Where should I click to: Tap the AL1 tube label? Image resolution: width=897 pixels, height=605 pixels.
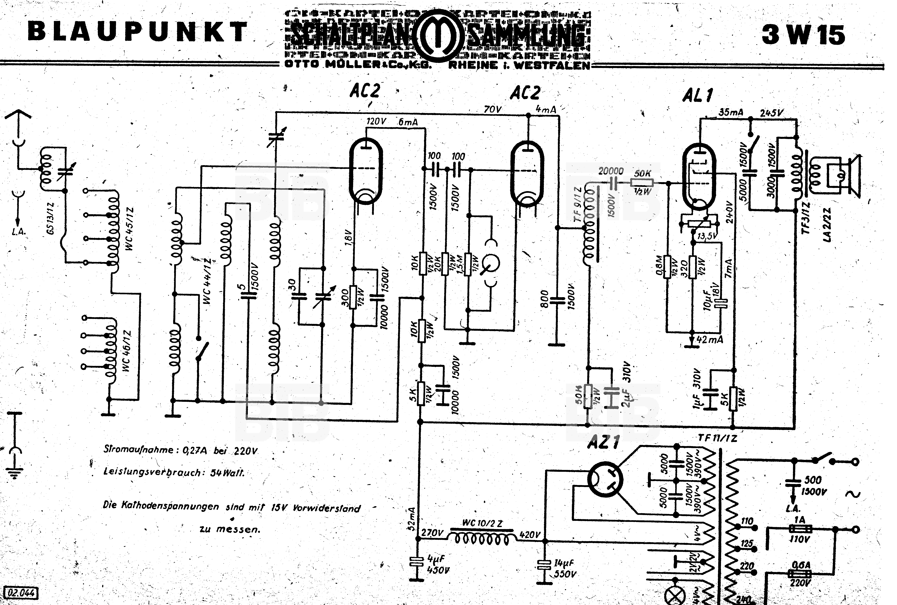(698, 95)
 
